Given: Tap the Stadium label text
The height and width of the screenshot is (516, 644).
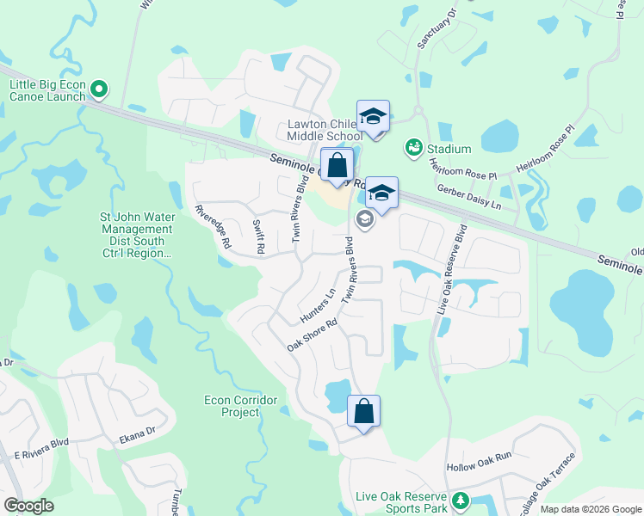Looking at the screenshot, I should click(x=449, y=149).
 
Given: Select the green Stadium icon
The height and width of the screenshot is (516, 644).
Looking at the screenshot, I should click(x=414, y=149).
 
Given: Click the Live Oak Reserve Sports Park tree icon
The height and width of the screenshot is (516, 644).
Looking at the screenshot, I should click(x=461, y=500).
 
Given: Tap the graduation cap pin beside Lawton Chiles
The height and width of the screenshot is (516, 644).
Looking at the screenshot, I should click(x=374, y=117).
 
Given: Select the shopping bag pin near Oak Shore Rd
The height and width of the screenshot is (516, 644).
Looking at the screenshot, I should click(x=364, y=411).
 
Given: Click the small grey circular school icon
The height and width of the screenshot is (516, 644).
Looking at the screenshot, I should click(x=364, y=220).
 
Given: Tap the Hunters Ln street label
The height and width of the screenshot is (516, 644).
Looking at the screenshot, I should click(x=318, y=305).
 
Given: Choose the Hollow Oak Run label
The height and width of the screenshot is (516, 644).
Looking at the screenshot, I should click(x=479, y=467).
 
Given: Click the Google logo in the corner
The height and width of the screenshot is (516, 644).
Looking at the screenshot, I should click(x=29, y=505).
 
